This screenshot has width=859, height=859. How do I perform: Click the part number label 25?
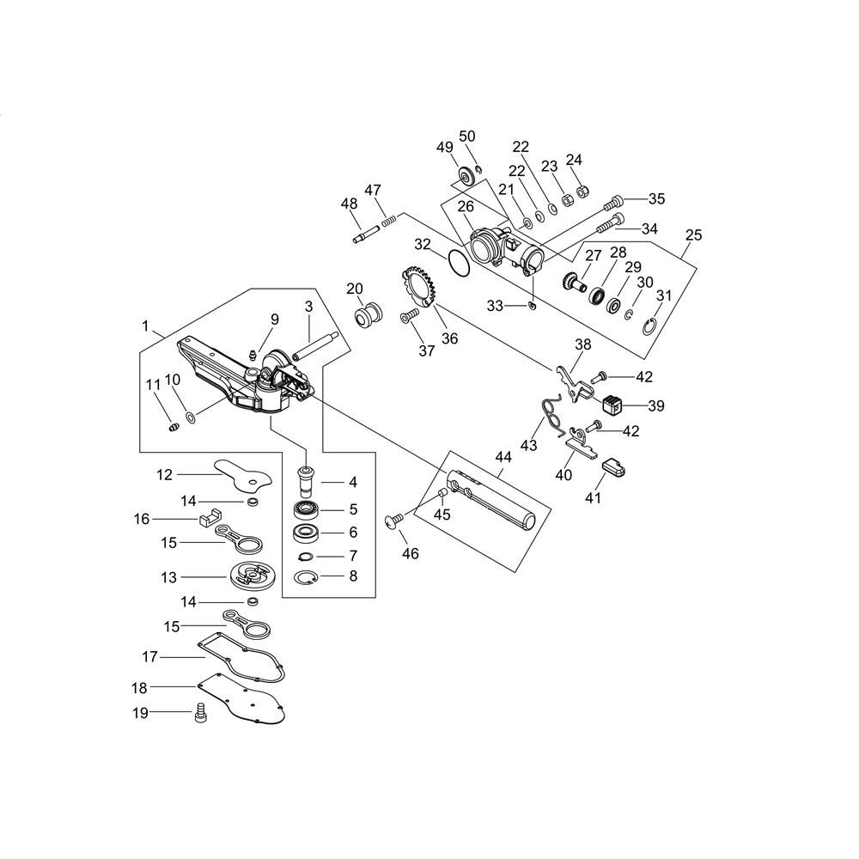[693, 235]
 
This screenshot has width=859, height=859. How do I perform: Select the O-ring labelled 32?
[459, 262]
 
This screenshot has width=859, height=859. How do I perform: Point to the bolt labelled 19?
[201, 713]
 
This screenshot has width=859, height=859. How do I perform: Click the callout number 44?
[503, 456]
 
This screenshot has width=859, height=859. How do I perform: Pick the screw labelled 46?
[394, 521]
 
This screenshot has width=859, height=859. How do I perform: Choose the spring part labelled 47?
[388, 221]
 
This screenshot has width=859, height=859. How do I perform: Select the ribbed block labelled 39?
[612, 405]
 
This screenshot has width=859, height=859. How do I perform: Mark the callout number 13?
[169, 577]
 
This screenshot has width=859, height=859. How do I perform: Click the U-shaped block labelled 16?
[209, 518]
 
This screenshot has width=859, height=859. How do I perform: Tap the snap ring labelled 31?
[649, 327]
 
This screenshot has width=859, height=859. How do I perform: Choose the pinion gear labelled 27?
[572, 282]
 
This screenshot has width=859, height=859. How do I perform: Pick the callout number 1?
[145, 326]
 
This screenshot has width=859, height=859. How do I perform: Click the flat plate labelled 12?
[242, 473]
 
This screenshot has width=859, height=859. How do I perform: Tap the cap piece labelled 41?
[614, 468]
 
